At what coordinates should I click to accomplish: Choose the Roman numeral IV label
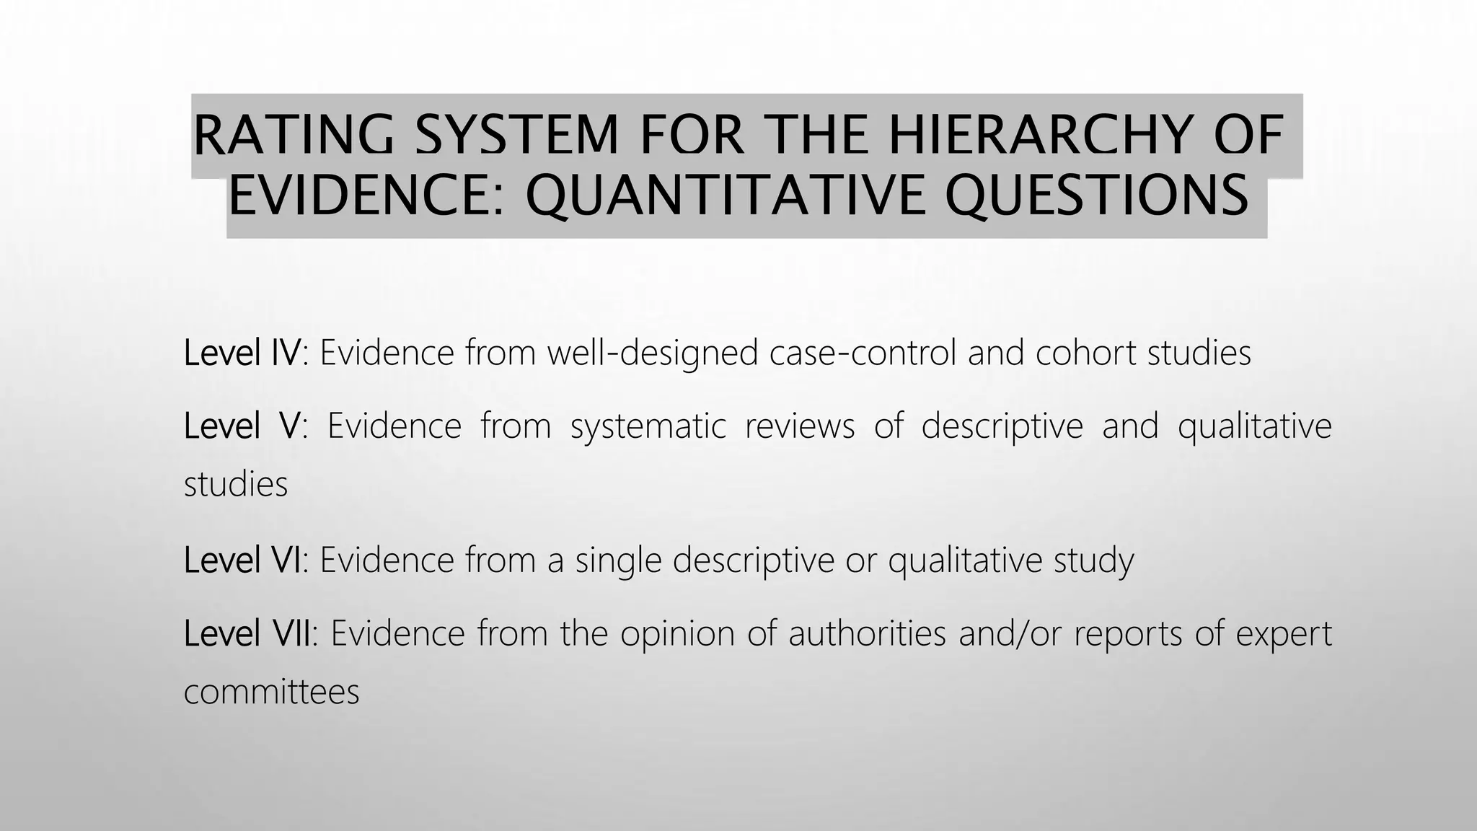click(286, 353)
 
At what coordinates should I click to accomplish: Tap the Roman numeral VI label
click(286, 560)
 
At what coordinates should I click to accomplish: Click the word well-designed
click(653, 353)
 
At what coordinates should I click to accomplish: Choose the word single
click(618, 561)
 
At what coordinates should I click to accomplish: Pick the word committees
click(272, 692)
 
